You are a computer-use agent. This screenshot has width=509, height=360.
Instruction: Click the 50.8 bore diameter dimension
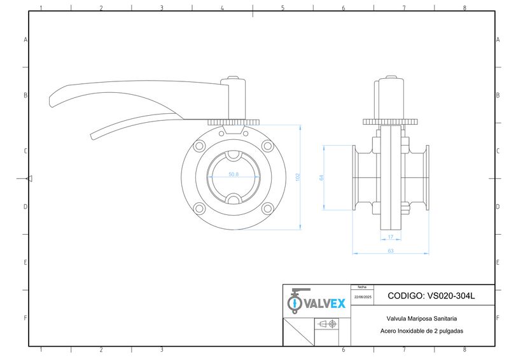tap(234, 174)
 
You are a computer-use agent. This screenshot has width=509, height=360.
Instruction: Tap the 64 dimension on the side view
tap(322, 178)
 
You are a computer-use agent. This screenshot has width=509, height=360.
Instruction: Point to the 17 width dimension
tap(390, 237)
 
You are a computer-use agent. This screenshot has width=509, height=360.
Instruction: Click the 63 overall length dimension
tap(390, 251)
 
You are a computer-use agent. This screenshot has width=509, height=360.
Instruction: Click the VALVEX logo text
tap(324, 303)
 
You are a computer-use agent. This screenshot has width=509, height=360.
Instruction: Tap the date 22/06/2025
tap(363, 297)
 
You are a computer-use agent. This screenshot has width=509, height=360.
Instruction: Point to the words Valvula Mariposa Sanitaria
tap(421, 319)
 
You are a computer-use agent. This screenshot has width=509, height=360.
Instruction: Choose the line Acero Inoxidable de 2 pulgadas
tap(421, 331)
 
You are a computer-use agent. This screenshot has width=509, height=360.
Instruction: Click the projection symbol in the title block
tap(327, 324)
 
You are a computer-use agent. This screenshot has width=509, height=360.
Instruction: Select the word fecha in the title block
tap(362, 287)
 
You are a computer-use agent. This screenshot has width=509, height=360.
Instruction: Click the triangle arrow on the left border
tap(29, 179)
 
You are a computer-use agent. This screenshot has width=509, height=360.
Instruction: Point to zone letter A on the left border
tap(25, 39)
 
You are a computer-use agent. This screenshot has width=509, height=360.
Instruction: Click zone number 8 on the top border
tap(464, 8)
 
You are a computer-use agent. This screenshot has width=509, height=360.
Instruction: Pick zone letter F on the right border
tap(497, 317)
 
